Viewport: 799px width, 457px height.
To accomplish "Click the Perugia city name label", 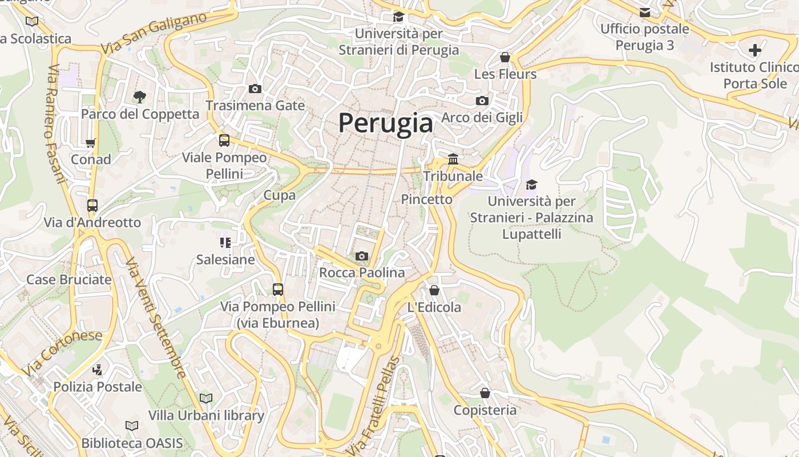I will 386,123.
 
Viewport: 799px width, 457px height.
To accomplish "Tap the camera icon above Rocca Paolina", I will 361,256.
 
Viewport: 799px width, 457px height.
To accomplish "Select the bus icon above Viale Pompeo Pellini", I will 224,140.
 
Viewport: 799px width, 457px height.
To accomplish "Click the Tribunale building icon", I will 453,159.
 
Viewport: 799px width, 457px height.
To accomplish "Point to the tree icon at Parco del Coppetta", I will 140,97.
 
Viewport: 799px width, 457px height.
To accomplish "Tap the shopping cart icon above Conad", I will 91,143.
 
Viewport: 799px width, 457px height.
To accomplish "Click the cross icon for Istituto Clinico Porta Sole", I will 755,50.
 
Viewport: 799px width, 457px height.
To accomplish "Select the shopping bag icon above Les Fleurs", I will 505,57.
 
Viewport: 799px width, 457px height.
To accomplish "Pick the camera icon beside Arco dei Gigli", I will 482,101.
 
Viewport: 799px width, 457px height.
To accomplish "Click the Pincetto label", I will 426,199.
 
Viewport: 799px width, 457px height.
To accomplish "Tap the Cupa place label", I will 280,195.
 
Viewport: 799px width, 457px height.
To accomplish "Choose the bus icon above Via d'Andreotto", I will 92,206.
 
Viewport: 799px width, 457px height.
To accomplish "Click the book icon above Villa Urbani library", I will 206,398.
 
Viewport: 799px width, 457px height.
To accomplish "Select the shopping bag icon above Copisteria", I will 485,393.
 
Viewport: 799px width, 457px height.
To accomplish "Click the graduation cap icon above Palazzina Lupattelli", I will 531,185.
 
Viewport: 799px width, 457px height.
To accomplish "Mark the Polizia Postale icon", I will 98,370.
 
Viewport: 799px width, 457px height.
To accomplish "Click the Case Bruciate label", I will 69,280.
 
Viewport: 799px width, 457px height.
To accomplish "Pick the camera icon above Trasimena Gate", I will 255,89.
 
